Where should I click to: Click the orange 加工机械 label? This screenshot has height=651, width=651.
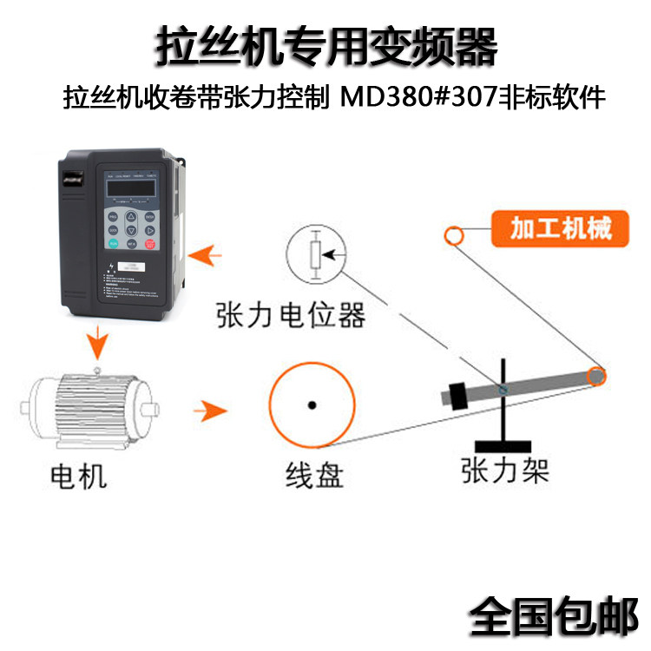click(561, 228)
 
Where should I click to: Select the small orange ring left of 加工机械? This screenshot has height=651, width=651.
click(454, 235)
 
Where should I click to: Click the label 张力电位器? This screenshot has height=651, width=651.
click(291, 315)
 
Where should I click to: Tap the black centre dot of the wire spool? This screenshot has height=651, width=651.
click(312, 404)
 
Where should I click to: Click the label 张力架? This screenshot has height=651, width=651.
click(505, 470)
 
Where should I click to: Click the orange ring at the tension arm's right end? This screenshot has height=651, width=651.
click(595, 376)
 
